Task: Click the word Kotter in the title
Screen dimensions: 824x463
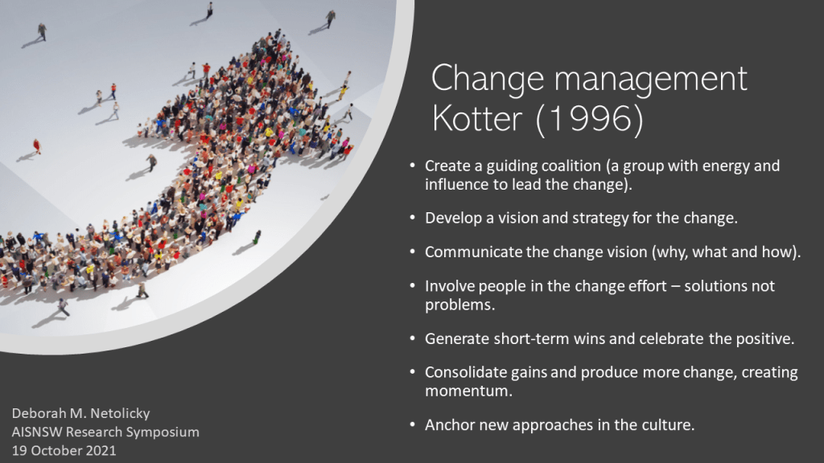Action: coord(476,118)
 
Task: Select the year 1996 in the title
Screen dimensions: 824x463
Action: coord(589,118)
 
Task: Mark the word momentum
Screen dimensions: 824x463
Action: coord(468,391)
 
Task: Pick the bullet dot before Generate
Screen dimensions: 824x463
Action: coord(413,338)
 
